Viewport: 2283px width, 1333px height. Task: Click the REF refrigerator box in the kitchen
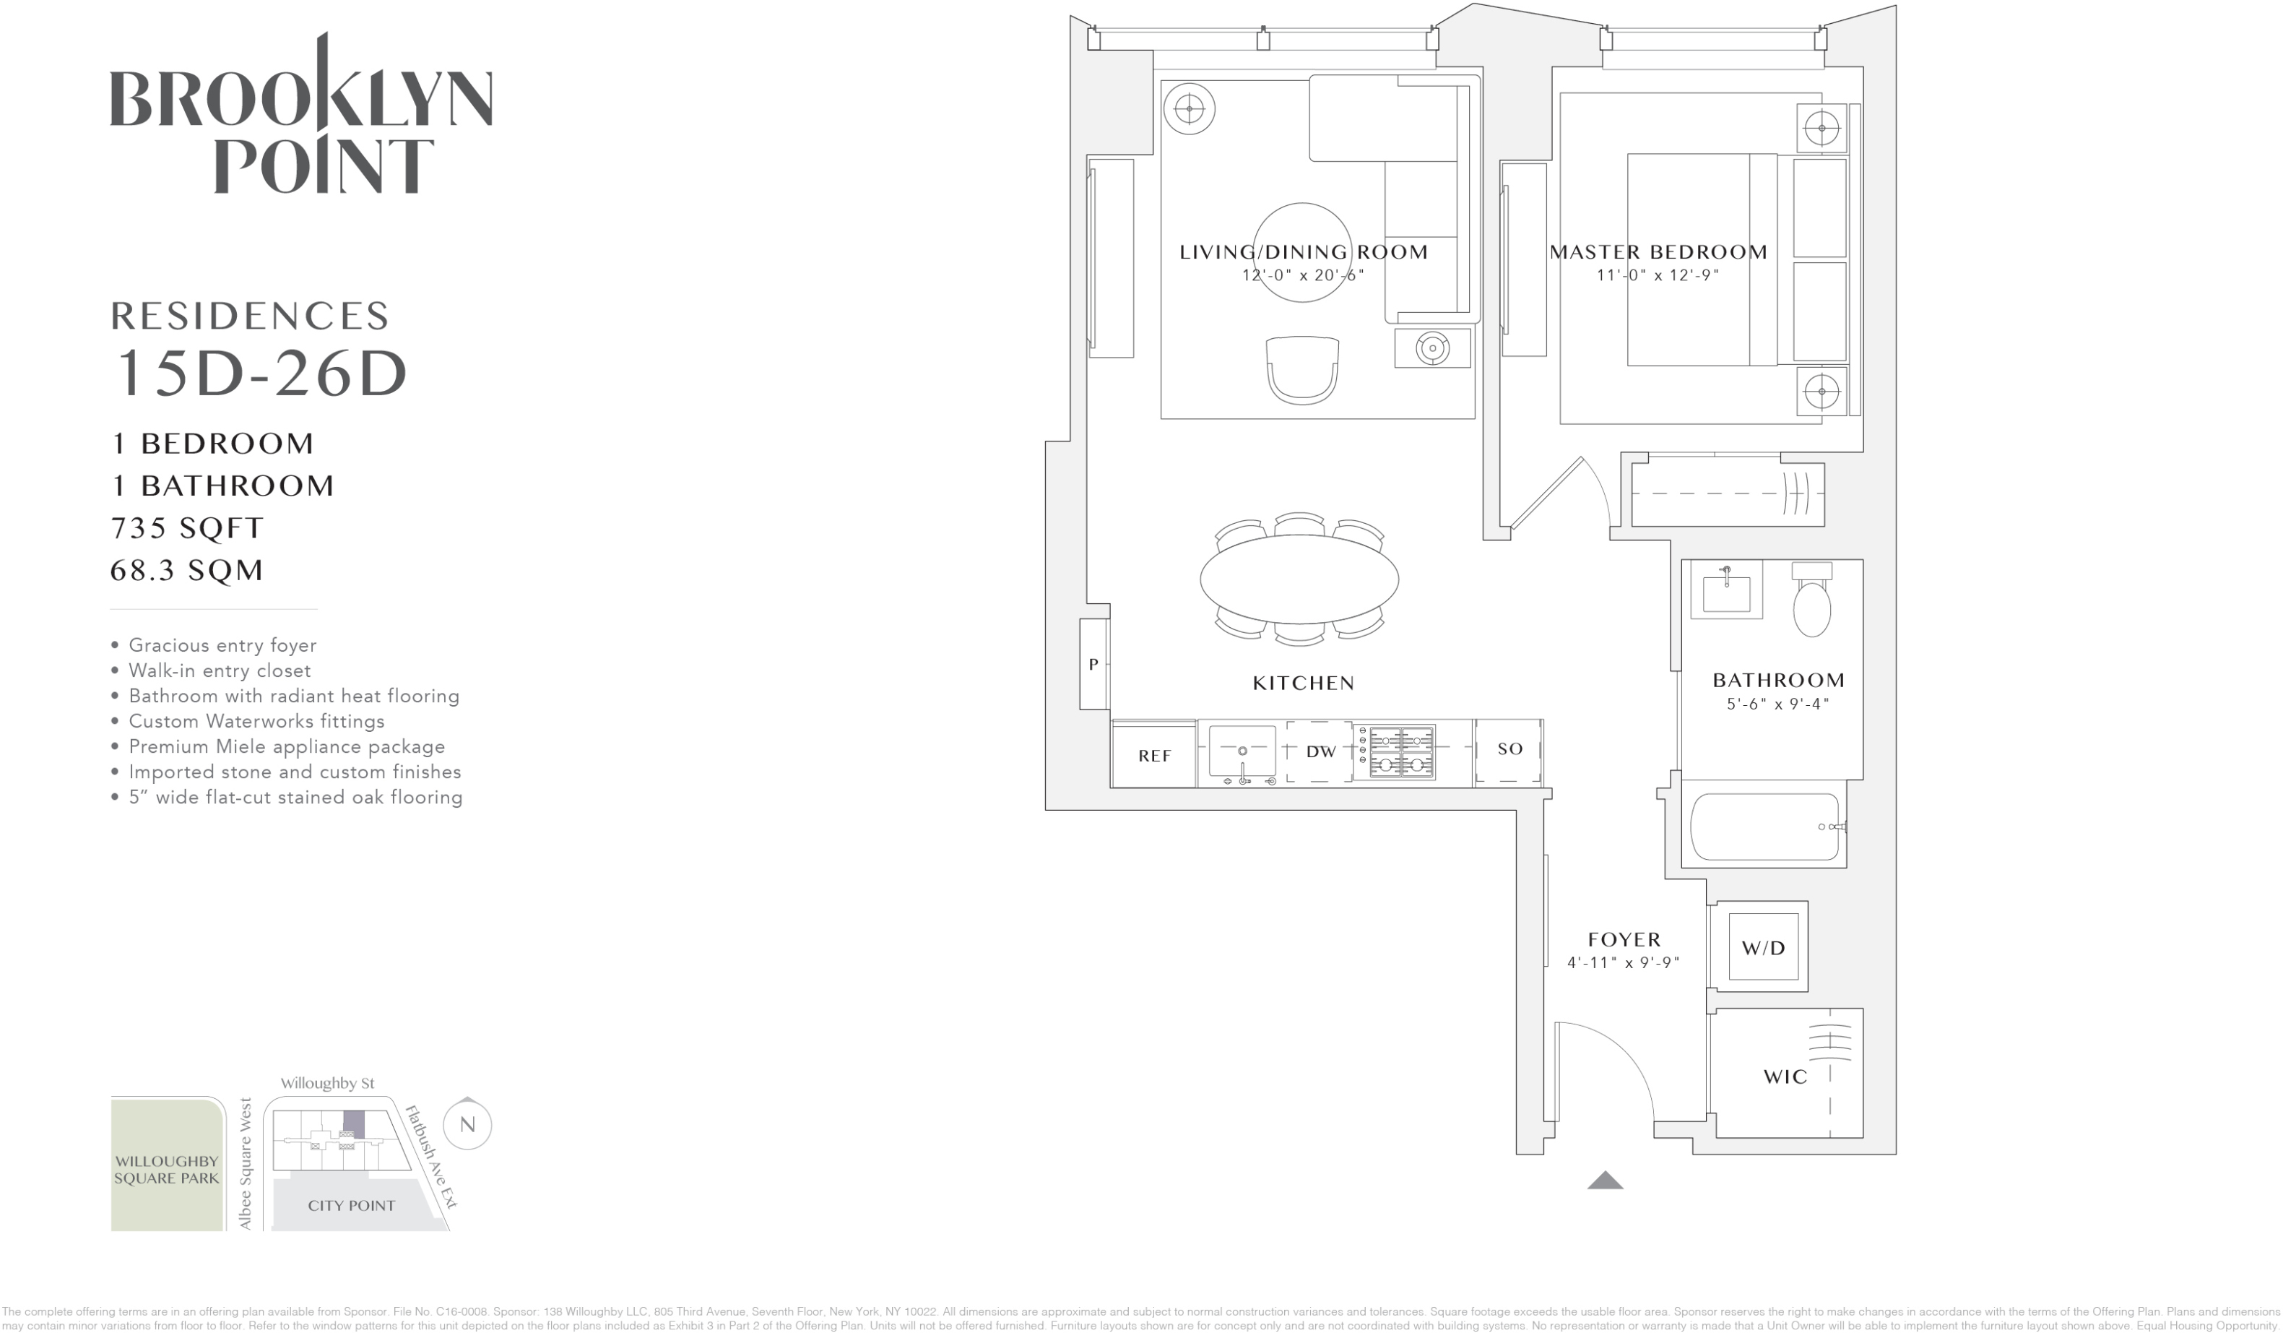[x=1153, y=754]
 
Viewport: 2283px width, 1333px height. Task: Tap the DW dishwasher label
[x=1320, y=751]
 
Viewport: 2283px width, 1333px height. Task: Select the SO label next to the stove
[x=1509, y=749]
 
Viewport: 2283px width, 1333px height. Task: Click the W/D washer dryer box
[x=1762, y=948]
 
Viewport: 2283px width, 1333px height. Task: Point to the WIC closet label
[x=1784, y=1077]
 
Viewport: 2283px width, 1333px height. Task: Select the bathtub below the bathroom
[x=1764, y=827]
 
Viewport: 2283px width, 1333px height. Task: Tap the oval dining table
[x=1299, y=579]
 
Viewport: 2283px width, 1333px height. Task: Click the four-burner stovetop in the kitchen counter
[x=1400, y=751]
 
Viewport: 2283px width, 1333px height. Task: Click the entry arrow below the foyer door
[x=1604, y=1180]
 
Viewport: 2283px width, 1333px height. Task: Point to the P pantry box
[x=1093, y=664]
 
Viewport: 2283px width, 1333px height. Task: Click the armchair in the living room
[x=1302, y=370]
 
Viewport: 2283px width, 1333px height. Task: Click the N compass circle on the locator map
[x=467, y=1125]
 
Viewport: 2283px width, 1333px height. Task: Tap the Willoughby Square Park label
[x=167, y=1169]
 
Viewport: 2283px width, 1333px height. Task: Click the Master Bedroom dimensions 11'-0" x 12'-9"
[x=1657, y=275]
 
